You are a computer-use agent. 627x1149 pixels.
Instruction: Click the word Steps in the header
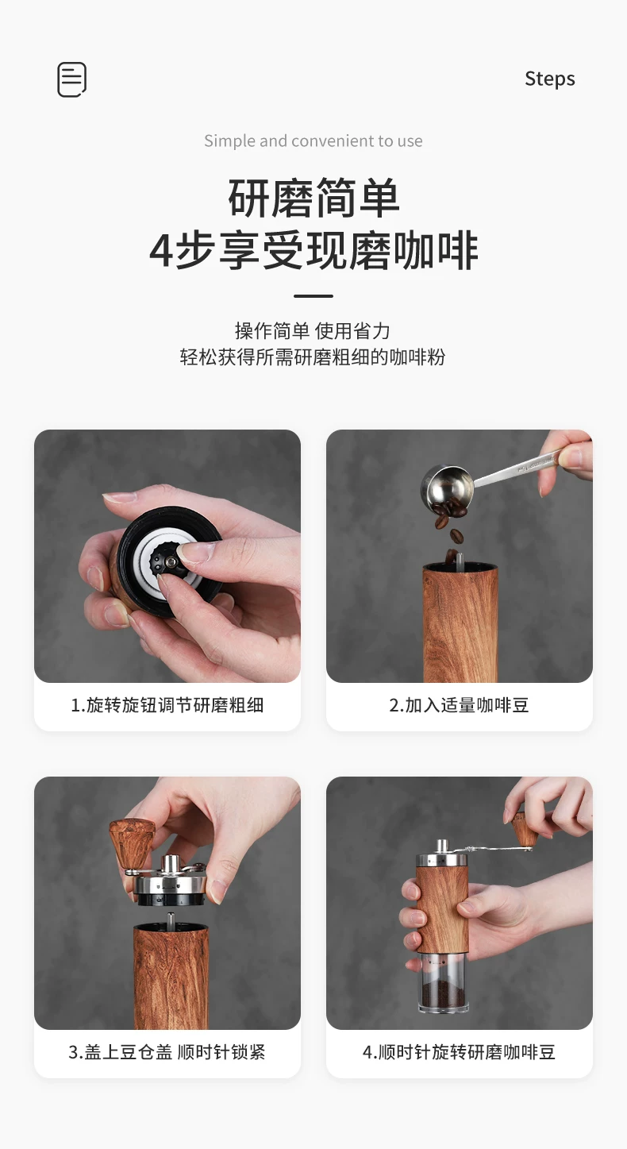pyautogui.click(x=549, y=79)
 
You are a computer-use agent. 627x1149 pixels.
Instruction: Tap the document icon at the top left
pyautogui.click(x=71, y=79)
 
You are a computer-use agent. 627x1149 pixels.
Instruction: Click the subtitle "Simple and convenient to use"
pyautogui.click(x=313, y=141)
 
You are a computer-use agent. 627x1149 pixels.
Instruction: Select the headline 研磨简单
pyautogui.click(x=313, y=198)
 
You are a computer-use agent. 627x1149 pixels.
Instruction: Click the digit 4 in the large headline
pyautogui.click(x=160, y=252)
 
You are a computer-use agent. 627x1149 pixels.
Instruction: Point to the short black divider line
pyautogui.click(x=313, y=296)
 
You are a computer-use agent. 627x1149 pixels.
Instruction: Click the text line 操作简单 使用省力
pyautogui.click(x=313, y=331)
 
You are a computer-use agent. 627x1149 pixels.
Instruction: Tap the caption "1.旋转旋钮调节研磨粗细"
pyautogui.click(x=167, y=705)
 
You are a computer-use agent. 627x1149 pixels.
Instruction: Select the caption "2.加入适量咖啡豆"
pyautogui.click(x=459, y=705)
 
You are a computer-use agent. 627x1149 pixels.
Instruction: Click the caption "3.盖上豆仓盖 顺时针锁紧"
pyautogui.click(x=167, y=1052)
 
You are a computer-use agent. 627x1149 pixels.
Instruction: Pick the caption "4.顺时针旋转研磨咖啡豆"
pyautogui.click(x=459, y=1052)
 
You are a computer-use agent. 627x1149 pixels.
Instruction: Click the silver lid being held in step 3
pyautogui.click(x=170, y=882)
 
